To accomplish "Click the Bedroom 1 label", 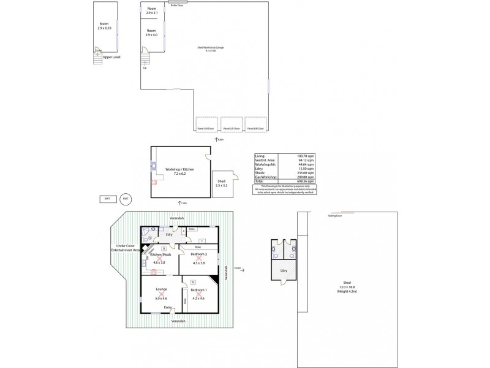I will pyautogui.click(x=198, y=289).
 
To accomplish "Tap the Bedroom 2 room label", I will pyautogui.click(x=199, y=254).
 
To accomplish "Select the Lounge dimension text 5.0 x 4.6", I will pyautogui.click(x=162, y=299).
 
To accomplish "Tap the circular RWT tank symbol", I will pyautogui.click(x=126, y=199).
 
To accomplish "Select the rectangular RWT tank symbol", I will pyautogui.click(x=107, y=199).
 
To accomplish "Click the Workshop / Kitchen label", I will pyautogui.click(x=179, y=170).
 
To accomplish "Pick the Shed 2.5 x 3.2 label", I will pyautogui.click(x=221, y=182).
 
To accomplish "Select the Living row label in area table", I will pyautogui.click(x=260, y=157).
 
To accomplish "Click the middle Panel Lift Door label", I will pyautogui.click(x=230, y=129).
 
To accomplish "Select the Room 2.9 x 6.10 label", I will pyautogui.click(x=104, y=26).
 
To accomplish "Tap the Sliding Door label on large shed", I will pyautogui.click(x=334, y=216).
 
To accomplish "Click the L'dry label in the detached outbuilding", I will pyautogui.click(x=283, y=270).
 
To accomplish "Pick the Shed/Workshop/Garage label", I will pyautogui.click(x=210, y=48).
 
